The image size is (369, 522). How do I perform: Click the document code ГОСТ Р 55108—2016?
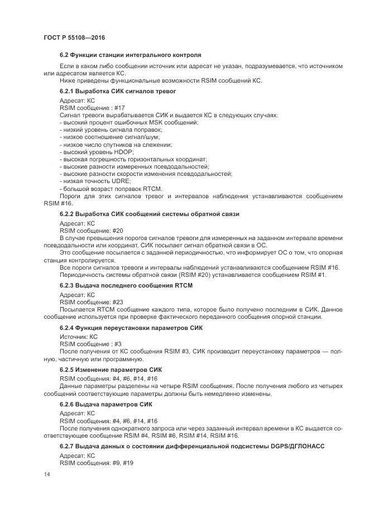[74, 37]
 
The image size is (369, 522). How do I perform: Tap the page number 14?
[46, 473]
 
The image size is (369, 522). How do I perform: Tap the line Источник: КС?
[79, 337]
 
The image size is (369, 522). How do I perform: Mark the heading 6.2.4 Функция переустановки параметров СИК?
[131, 328]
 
